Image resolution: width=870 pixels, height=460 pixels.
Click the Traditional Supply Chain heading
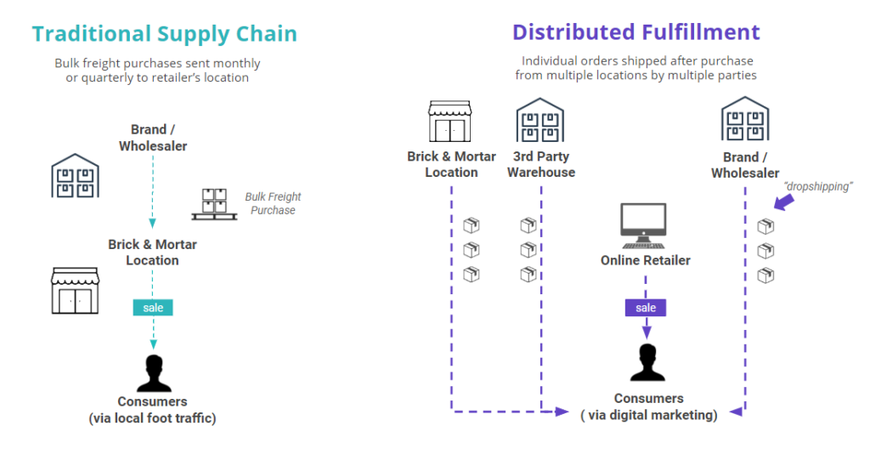click(165, 34)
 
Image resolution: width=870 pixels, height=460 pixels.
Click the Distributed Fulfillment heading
click(636, 32)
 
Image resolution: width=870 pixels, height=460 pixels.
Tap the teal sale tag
click(153, 307)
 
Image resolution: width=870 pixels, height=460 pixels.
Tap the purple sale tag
click(646, 307)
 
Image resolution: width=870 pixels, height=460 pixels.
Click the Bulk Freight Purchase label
click(273, 203)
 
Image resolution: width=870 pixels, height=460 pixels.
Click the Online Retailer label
click(646, 260)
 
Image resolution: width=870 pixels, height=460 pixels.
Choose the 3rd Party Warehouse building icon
click(540, 120)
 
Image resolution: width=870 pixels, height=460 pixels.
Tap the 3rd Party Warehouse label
click(541, 164)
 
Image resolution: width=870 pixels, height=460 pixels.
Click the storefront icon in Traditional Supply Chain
click(76, 291)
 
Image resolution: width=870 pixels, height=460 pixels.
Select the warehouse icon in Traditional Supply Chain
click(76, 176)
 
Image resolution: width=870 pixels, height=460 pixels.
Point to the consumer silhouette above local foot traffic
click(153, 372)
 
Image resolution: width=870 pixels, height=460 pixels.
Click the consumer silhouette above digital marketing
click(647, 363)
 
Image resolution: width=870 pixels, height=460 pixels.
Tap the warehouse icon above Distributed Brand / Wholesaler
click(745, 118)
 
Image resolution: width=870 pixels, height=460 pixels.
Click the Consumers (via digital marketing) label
click(649, 406)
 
